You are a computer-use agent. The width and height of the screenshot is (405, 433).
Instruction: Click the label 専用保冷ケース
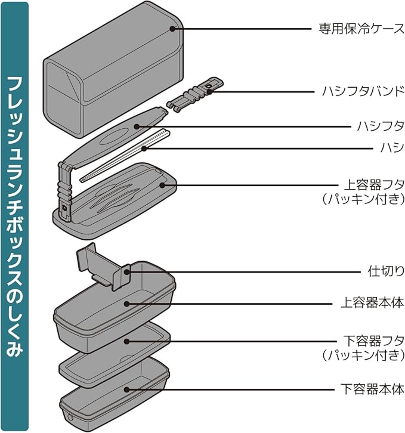(x=361, y=29)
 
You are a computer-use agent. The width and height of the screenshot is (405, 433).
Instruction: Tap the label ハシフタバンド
(x=363, y=92)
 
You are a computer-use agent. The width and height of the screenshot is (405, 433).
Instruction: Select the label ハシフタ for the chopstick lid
(x=380, y=126)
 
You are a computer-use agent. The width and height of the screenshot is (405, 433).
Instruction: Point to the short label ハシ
(x=392, y=148)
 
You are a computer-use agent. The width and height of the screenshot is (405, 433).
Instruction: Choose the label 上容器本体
(x=372, y=304)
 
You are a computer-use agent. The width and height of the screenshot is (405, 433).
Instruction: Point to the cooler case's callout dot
(x=173, y=28)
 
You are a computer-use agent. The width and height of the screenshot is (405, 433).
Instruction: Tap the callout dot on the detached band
(x=209, y=92)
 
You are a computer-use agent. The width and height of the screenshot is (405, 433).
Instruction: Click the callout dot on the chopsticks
(x=144, y=149)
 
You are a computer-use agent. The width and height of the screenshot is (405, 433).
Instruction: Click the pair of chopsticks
(x=124, y=156)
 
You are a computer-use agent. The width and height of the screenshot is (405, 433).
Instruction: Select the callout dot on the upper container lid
(x=162, y=185)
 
